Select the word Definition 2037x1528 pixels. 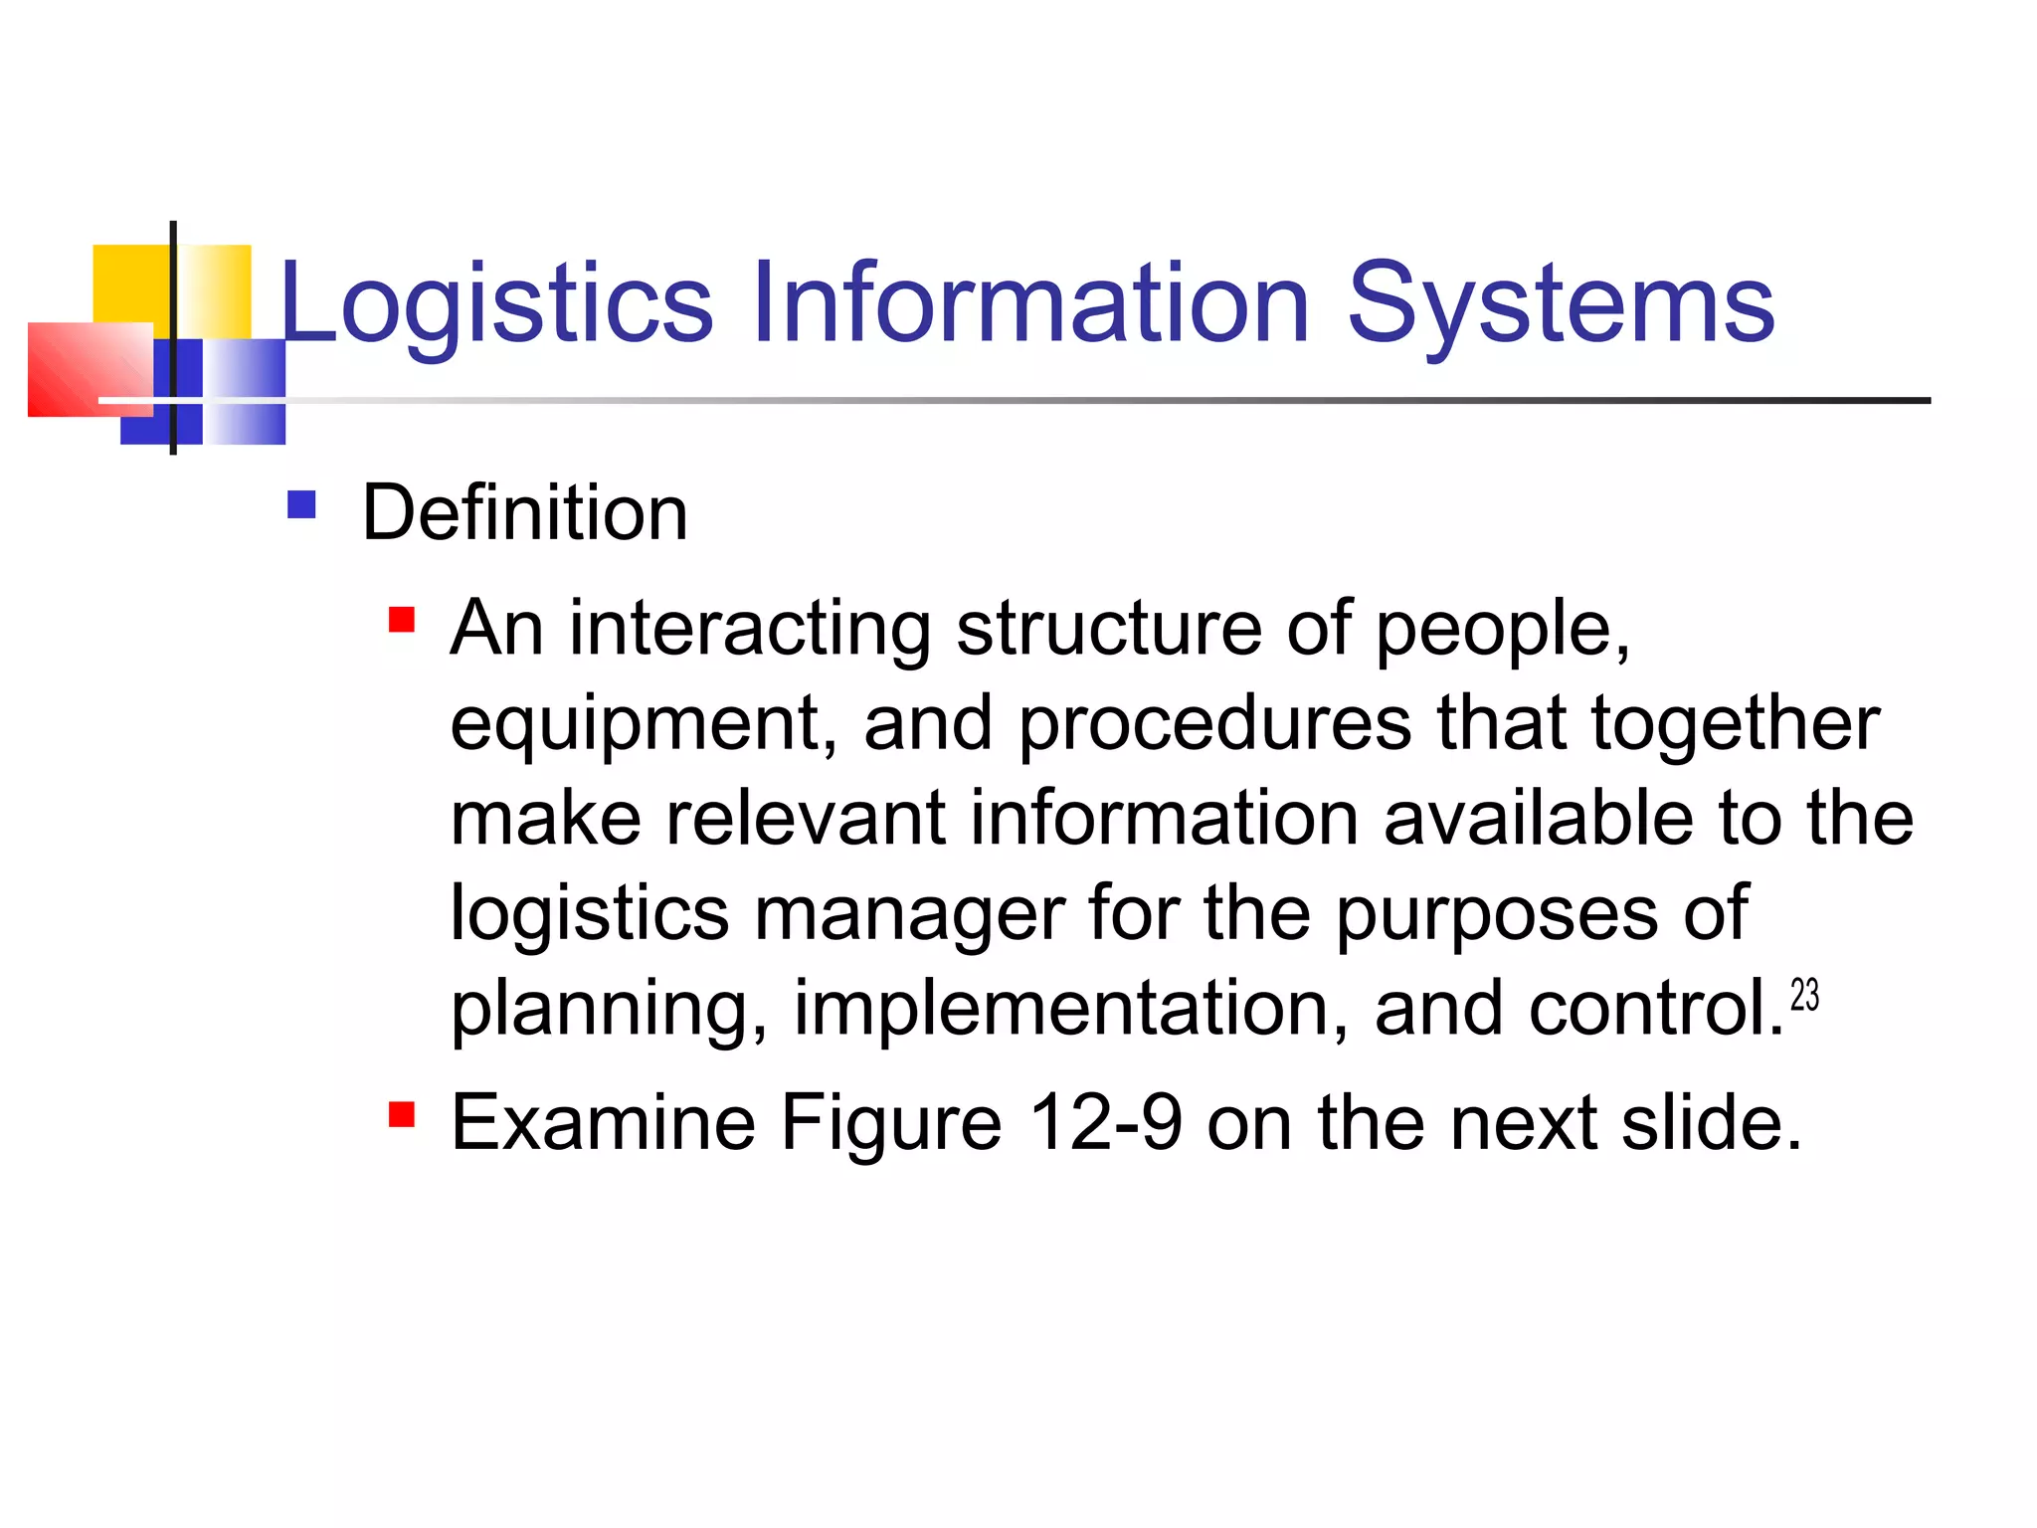[x=524, y=513]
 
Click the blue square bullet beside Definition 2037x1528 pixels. [x=301, y=505]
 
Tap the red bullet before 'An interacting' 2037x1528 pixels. [x=401, y=621]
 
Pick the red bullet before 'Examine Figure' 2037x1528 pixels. [x=401, y=1114]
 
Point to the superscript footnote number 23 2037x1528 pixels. [x=1804, y=995]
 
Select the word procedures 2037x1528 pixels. [x=1214, y=724]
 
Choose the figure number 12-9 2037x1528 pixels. [x=1105, y=1122]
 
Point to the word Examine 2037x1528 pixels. [x=603, y=1122]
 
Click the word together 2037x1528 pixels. [x=1735, y=724]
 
